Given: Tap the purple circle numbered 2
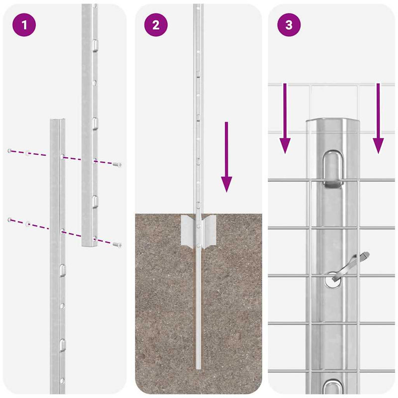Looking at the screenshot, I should coord(156,25).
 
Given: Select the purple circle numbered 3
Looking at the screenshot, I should coord(289,25).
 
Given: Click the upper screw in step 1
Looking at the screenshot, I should coord(117,164).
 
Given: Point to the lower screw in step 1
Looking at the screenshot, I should coord(117,244).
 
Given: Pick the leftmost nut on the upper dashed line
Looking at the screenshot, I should coord(9,150).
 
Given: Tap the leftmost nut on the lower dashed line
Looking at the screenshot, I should coord(9,219).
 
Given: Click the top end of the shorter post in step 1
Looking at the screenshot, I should coord(57,121).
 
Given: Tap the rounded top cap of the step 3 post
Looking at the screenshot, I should coord(332,124).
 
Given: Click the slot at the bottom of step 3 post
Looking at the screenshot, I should coord(332,387).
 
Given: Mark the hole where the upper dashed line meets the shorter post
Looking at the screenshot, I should coord(62,157).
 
